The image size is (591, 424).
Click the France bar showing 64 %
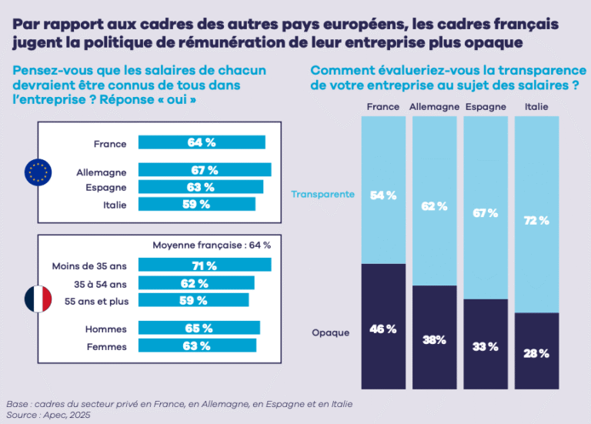click(x=202, y=142)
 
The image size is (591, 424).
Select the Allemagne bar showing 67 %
click(x=204, y=170)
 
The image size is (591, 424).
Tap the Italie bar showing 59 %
click(x=197, y=204)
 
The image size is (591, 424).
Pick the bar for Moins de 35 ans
click(x=205, y=265)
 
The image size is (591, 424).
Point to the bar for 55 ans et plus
click(x=193, y=299)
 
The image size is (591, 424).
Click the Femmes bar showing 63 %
click(x=198, y=346)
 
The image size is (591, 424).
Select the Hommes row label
click(x=106, y=329)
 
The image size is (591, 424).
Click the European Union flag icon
click(x=38, y=172)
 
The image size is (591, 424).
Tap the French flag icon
click(x=38, y=299)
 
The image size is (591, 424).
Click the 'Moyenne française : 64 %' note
click(x=212, y=245)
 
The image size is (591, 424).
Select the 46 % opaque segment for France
click(x=382, y=329)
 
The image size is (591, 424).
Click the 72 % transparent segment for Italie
click(x=536, y=221)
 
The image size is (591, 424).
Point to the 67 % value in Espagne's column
click(x=485, y=213)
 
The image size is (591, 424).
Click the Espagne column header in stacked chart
click(x=485, y=107)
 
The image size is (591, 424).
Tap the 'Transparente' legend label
click(x=322, y=194)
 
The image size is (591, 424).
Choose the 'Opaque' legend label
click(x=330, y=332)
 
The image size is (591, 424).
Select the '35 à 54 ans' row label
click(x=102, y=282)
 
